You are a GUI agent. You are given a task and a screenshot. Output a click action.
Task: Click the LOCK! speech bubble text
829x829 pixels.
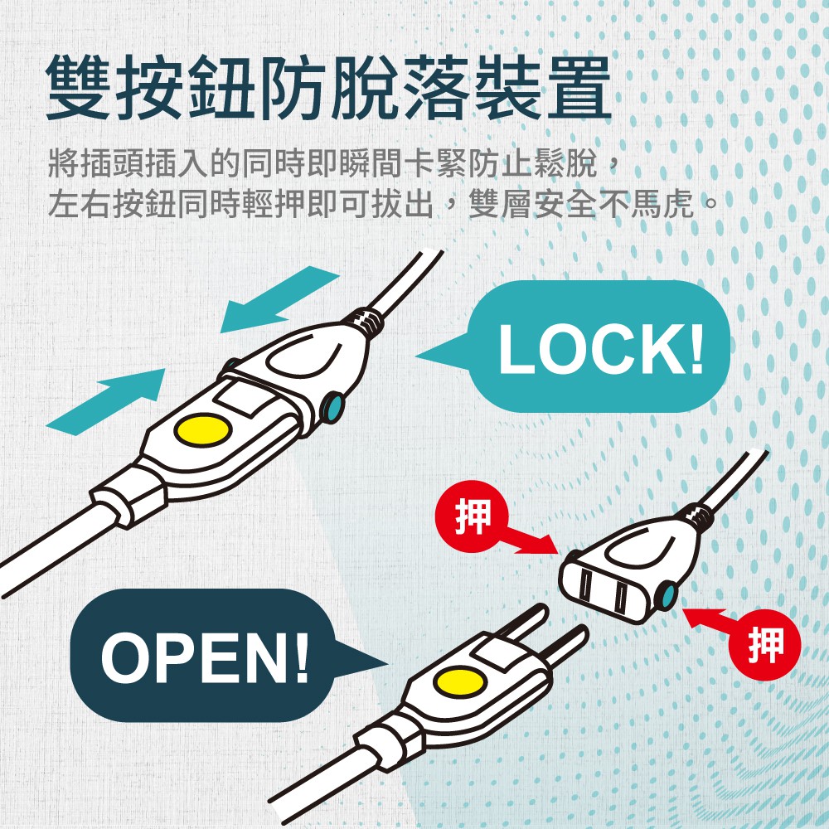coord(601,348)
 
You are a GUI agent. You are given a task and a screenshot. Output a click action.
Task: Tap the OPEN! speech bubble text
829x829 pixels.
coord(205,657)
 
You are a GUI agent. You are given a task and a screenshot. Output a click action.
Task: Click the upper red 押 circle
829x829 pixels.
coord(472,516)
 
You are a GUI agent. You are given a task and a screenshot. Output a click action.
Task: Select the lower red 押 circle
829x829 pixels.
coord(764,645)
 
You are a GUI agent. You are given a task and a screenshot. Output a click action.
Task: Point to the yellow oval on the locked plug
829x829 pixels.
coord(203,430)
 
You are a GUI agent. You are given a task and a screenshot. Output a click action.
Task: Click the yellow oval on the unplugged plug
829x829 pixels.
coord(460,682)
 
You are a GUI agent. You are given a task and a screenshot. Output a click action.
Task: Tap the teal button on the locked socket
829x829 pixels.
coord(333,407)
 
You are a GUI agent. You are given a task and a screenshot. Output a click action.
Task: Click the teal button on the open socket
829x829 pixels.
coord(667,595)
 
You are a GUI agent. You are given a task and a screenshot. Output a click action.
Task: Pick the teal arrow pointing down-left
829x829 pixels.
coord(279,299)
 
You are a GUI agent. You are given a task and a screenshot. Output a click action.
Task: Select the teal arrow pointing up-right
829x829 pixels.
coord(106,402)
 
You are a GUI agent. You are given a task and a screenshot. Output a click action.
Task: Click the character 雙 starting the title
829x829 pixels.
coord(78,88)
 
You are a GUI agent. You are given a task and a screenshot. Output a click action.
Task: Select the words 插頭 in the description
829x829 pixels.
coord(111,163)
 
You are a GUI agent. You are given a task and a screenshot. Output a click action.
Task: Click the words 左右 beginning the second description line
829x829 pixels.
coord(80,204)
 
